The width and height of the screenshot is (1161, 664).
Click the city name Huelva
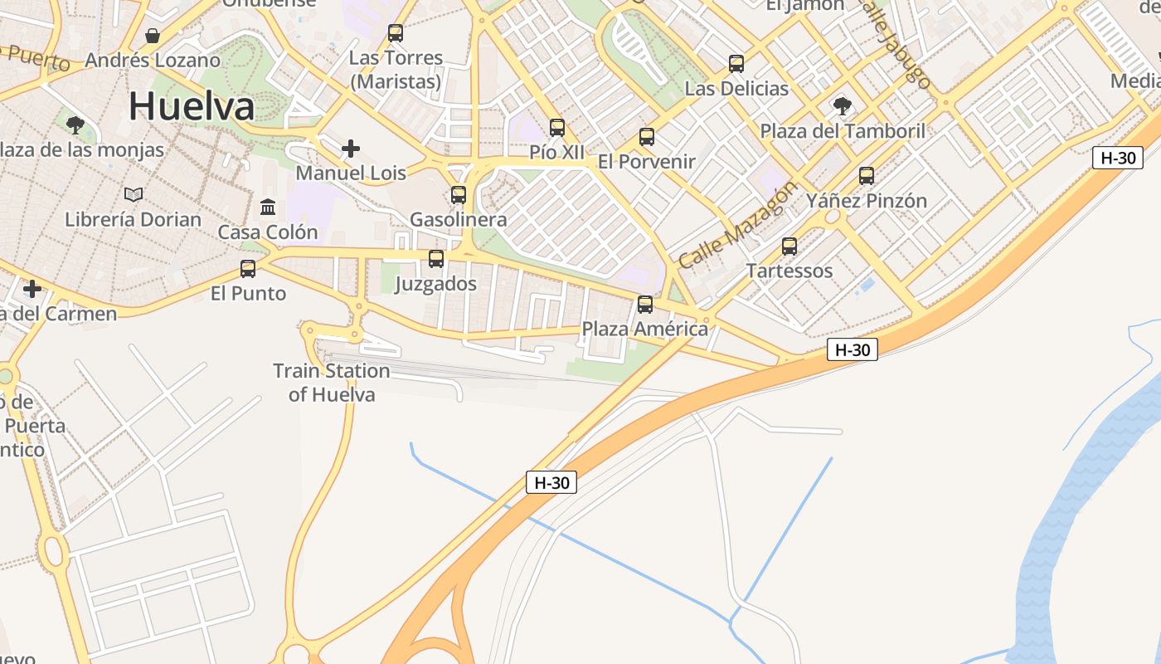[x=192, y=106]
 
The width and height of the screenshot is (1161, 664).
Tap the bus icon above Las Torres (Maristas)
[x=396, y=33]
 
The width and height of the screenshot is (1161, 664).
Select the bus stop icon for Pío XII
[x=557, y=128]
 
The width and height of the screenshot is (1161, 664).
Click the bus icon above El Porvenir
[x=647, y=137]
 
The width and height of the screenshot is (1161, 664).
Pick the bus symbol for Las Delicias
[x=736, y=64]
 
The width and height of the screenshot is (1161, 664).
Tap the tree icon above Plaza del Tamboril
[x=843, y=106]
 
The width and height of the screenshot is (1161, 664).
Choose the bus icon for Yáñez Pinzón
[x=867, y=176]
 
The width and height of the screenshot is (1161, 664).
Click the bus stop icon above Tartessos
[x=789, y=247]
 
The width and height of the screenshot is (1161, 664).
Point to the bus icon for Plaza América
[x=645, y=305]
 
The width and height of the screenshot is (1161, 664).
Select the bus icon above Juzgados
[x=436, y=259]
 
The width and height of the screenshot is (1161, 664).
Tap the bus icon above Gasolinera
[x=459, y=195]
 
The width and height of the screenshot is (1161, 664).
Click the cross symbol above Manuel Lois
[x=351, y=149]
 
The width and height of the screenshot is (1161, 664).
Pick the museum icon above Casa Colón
[x=268, y=207]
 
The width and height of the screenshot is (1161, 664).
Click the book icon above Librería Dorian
[x=134, y=194]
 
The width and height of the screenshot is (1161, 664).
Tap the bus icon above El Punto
[x=248, y=269]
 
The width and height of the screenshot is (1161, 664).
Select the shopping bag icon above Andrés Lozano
[x=153, y=36]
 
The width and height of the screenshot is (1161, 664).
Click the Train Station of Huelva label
[x=332, y=383]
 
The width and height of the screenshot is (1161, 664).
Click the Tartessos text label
[x=789, y=271]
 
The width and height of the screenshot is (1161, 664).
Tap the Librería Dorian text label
[x=134, y=219]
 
